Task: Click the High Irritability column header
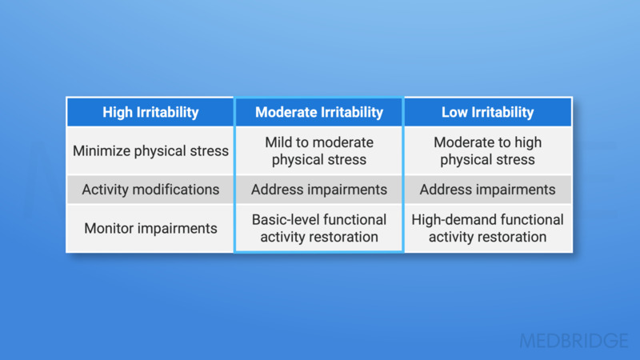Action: [150, 112]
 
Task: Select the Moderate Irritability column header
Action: [319, 112]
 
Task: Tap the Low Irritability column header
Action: [487, 112]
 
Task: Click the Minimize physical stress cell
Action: [150, 150]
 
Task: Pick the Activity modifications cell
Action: [150, 190]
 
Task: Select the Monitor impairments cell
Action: [150, 228]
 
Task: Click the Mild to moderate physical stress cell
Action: [319, 150]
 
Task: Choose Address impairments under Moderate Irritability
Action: [319, 190]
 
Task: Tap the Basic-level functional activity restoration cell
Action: [319, 228]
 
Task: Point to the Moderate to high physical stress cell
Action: [487, 150]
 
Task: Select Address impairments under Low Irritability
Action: [487, 190]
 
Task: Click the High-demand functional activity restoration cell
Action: [487, 228]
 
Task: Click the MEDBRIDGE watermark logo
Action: [574, 341]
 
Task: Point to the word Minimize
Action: [102, 150]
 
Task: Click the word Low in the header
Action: [454, 112]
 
